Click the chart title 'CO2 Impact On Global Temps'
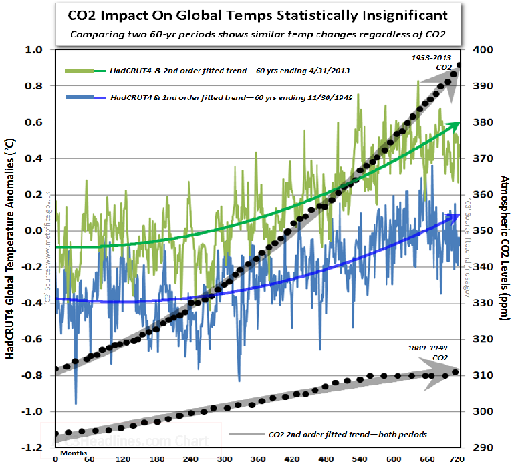coord(258,15)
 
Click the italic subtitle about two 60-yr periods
coord(258,34)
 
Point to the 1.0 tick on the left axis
coord(34,50)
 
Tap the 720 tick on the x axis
coord(457,459)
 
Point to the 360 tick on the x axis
coord(256,459)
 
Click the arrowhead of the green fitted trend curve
coord(456,125)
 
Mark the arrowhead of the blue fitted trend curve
coord(457,216)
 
